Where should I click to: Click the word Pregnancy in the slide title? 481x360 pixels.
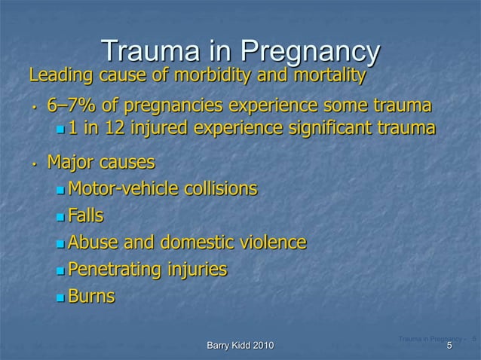coord(311,51)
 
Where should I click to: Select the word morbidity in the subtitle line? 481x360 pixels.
coord(215,76)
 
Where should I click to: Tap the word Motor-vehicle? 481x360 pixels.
coord(121,188)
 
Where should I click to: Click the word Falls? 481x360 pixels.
coord(85,215)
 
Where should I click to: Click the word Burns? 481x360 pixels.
coord(91,296)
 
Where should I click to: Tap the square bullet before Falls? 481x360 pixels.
coord(61,217)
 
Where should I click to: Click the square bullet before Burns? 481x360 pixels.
coord(61,297)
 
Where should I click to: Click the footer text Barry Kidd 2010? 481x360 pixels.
coord(240,346)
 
